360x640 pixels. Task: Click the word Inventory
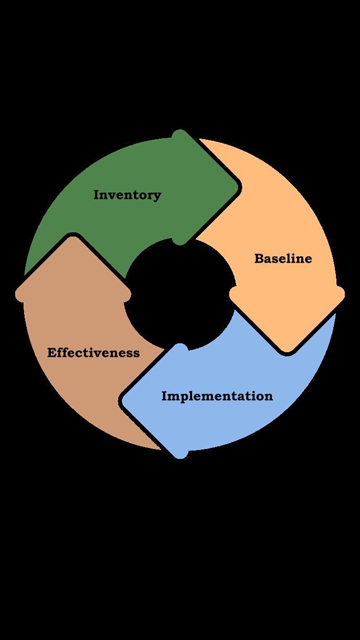pyautogui.click(x=127, y=195)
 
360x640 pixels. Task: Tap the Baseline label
pyautogui.click(x=283, y=259)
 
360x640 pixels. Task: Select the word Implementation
pyautogui.click(x=217, y=396)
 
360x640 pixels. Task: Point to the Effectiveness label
pyautogui.click(x=94, y=353)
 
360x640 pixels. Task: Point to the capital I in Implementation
pyautogui.click(x=164, y=396)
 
